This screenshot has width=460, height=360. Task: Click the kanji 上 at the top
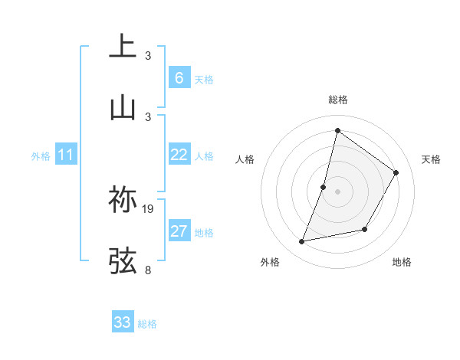coord(123,47)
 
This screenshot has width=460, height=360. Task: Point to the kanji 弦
coord(123,260)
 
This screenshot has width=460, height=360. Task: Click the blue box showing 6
coord(179,77)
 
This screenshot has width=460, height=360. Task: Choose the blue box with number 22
coord(179,155)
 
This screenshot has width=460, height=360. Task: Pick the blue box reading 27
coord(179,231)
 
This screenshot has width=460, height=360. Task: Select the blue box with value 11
coord(66,155)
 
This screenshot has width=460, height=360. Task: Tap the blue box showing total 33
coord(123,322)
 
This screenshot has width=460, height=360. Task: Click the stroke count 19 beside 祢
coord(149,208)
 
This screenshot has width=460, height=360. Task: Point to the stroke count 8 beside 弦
coord(148,269)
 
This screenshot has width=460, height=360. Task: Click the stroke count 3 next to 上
coord(148,56)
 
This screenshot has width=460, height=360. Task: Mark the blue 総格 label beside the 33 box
coord(147,324)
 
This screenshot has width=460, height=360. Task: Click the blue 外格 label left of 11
coord(41,155)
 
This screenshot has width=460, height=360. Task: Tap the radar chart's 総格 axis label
coord(337,100)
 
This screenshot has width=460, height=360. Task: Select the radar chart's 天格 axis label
coord(431,159)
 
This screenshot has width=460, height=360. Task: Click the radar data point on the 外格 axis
coord(302,242)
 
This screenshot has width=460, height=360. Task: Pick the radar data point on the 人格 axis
coord(324,187)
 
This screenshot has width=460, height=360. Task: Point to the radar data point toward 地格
coord(365,229)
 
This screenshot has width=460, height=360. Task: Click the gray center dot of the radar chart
coord(337,191)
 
